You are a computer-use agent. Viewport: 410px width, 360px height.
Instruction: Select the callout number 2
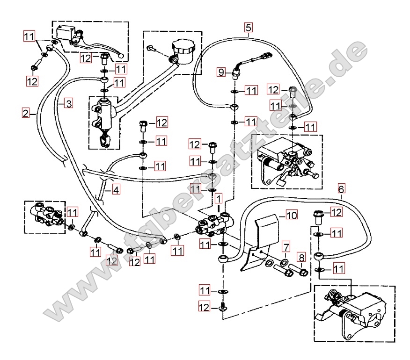[x=26, y=113]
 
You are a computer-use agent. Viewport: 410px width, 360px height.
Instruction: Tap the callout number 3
[x=68, y=103]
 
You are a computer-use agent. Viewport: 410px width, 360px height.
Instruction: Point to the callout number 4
[x=116, y=189]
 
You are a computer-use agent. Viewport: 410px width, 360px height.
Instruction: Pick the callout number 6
[x=341, y=189]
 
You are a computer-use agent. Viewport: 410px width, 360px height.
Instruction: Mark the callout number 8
[x=301, y=257]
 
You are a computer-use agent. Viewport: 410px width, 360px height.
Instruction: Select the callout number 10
[x=292, y=216]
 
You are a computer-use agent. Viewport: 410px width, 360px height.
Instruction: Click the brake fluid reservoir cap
[x=183, y=47]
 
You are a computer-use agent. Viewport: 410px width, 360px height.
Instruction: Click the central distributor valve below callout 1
[x=215, y=224]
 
